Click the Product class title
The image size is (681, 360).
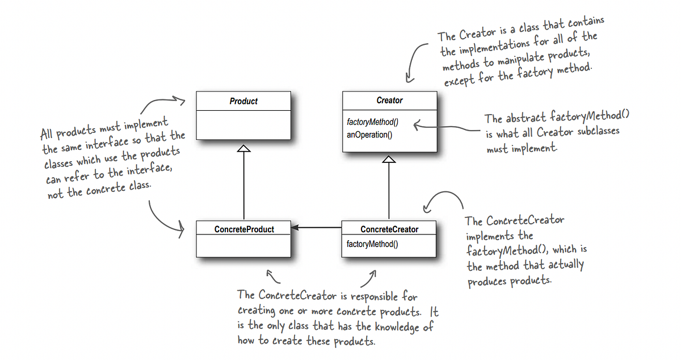[x=243, y=101]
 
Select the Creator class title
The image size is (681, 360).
[x=389, y=101]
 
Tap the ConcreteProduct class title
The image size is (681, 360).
[x=244, y=229]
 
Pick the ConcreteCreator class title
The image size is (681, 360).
[x=389, y=229]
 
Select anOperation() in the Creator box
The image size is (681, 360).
[x=369, y=135]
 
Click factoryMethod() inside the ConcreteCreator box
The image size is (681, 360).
[x=372, y=245]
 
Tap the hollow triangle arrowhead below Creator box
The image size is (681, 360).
[x=389, y=161]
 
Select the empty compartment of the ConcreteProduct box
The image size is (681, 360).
[x=243, y=245]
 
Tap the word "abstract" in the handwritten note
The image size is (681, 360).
[x=525, y=118]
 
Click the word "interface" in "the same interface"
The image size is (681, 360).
[x=107, y=141]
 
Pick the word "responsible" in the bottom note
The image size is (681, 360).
[x=375, y=296]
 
